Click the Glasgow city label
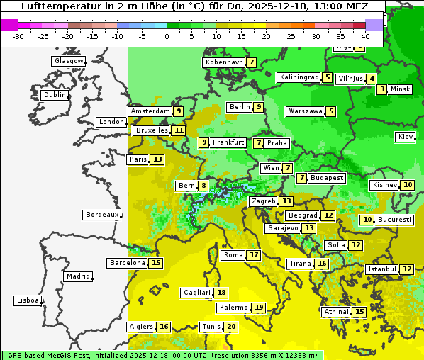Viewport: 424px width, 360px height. click(x=69, y=61)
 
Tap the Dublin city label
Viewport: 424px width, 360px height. click(x=55, y=95)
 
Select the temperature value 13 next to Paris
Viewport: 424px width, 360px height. click(x=157, y=159)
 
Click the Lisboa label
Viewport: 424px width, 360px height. click(x=27, y=300)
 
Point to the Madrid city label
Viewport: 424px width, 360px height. click(x=77, y=276)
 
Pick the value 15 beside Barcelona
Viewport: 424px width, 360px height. click(x=156, y=263)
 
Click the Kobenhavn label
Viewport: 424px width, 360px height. click(x=224, y=62)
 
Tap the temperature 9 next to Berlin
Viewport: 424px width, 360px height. click(x=260, y=107)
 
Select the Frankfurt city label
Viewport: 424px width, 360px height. click(x=228, y=142)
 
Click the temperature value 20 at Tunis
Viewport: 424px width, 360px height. click(x=231, y=327)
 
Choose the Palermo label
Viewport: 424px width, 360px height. click(x=233, y=308)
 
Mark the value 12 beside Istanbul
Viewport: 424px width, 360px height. click(x=407, y=269)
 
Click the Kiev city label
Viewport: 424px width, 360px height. click(x=406, y=137)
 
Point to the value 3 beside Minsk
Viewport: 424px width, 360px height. click(x=382, y=89)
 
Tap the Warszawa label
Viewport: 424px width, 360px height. click(x=306, y=111)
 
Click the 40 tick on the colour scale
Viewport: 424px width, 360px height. click(x=365, y=35)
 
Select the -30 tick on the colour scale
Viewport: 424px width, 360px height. click(x=18, y=35)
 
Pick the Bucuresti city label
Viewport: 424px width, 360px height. click(x=395, y=220)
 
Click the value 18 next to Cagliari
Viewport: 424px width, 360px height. click(x=222, y=293)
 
